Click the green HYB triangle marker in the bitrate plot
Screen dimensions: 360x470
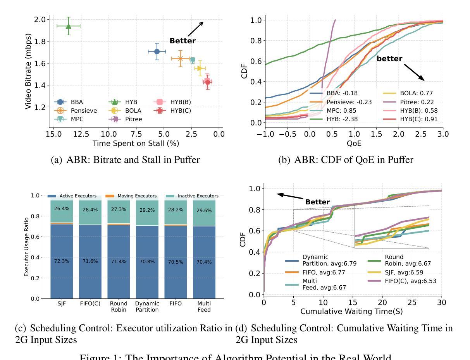point(69,26)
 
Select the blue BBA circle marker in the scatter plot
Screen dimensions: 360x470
point(157,51)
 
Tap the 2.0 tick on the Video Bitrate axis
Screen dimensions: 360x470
point(40,19)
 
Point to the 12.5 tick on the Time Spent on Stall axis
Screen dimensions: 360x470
point(81,134)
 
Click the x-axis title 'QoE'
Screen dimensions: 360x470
point(354,143)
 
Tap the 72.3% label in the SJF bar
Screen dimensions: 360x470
point(62,261)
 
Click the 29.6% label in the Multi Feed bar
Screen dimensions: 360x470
point(204,211)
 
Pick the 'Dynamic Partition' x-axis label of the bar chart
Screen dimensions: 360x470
point(147,307)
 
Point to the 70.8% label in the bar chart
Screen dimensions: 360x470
point(147,261)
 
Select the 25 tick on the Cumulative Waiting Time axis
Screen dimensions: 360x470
point(412,302)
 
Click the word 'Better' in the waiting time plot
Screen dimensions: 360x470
point(317,202)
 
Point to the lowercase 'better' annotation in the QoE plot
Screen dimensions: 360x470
point(389,59)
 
